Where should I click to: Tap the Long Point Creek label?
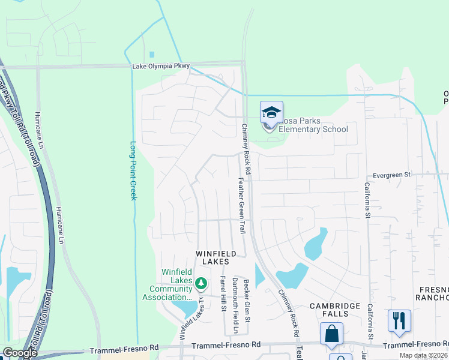[x=133, y=170]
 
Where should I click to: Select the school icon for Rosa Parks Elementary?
[x=271, y=112]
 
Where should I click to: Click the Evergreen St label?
[x=390, y=175]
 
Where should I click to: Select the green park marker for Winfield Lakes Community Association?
[x=202, y=282]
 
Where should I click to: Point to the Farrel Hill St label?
[x=223, y=293]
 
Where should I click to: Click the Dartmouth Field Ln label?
[x=235, y=306]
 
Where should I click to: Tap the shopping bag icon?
[x=331, y=334]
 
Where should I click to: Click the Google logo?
[x=19, y=353]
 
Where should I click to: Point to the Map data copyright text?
[x=424, y=355]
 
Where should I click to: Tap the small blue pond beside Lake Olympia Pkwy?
[x=152, y=55]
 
